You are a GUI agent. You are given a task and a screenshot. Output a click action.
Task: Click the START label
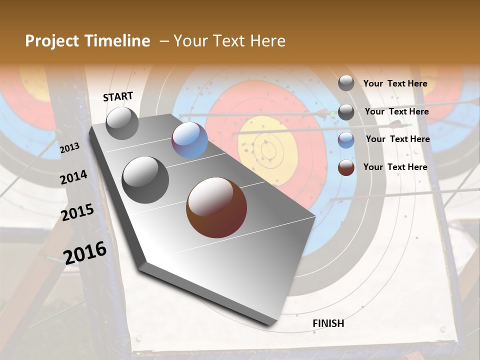pos(118,96)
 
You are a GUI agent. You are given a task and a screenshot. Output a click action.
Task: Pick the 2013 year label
pos(69,147)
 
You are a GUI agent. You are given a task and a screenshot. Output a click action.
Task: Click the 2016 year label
pos(85,252)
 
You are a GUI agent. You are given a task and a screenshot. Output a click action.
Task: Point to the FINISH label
pos(328,323)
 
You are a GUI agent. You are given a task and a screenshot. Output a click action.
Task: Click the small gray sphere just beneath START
pos(122,123)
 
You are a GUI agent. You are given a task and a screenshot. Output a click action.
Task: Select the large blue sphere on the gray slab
pos(189,140)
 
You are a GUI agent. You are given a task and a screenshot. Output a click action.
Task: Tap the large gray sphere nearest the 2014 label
pos(145,180)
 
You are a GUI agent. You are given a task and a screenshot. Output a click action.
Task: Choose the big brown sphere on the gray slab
pos(216,207)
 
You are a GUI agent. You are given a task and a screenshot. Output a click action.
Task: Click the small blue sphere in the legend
pos(346,140)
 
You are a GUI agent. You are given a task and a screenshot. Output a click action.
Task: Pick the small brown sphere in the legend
pos(346,167)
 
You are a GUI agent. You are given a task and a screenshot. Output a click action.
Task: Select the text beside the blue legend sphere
pos(397,139)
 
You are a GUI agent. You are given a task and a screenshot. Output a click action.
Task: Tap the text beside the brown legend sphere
pos(395,167)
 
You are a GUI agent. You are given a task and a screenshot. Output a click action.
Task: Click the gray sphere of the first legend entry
pos(346,83)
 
